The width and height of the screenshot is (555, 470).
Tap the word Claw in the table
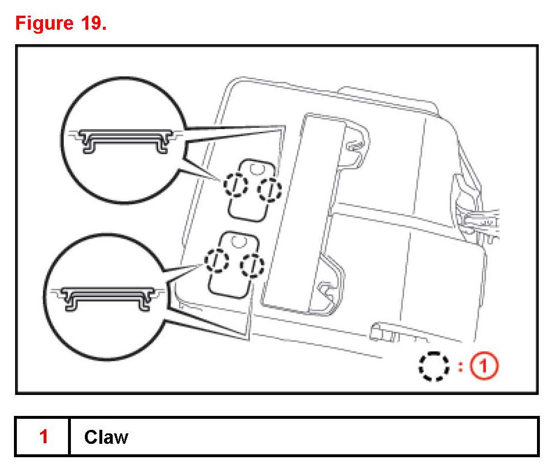pyautogui.click(x=106, y=436)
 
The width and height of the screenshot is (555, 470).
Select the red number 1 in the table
pyautogui.click(x=43, y=436)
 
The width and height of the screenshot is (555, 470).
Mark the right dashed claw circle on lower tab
pyautogui.click(x=252, y=266)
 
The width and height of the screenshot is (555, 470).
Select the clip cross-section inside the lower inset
pyautogui.click(x=108, y=295)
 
